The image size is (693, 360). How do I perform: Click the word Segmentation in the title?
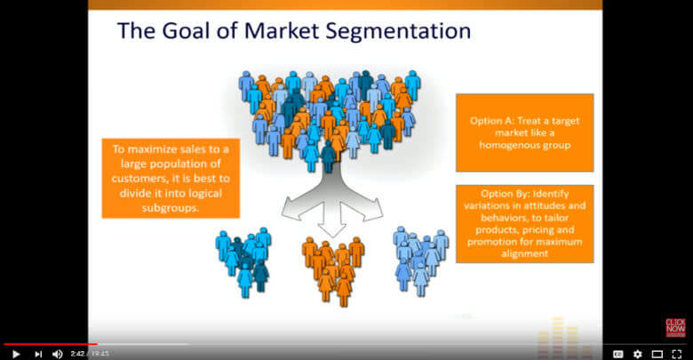[398, 31]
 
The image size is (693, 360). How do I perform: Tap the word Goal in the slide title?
[187, 31]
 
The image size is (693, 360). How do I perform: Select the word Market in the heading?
[282, 31]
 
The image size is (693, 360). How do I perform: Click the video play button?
[16, 354]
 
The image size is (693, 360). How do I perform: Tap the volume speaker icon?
[58, 354]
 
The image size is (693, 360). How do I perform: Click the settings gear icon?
[637, 354]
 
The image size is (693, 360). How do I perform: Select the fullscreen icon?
[677, 354]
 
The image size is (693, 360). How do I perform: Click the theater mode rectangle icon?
[657, 354]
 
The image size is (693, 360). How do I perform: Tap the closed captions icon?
[617, 354]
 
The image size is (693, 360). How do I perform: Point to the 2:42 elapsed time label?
[77, 354]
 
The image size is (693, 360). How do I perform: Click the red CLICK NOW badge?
[675, 328]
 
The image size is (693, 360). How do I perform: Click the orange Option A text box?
[524, 132]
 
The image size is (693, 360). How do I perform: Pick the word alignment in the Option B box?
[524, 253]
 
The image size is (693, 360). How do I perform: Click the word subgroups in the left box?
[171, 208]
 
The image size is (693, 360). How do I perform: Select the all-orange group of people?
[333, 271]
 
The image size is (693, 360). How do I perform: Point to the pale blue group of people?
[421, 261]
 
